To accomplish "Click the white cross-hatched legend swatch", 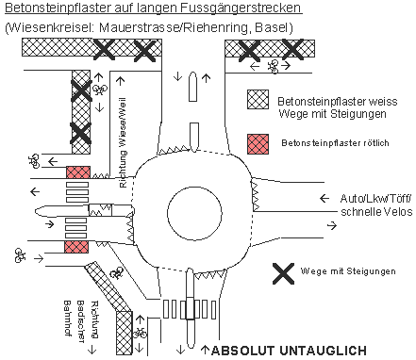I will (x=258, y=101).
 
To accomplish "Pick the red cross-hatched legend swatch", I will (x=258, y=143).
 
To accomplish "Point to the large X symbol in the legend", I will (x=281, y=273).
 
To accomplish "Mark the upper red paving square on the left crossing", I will (x=76, y=172).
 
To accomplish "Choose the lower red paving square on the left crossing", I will (x=76, y=246).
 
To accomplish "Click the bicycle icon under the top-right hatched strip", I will (x=274, y=67).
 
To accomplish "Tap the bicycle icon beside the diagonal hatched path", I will (x=116, y=272).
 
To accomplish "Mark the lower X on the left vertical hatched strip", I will (x=80, y=135).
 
